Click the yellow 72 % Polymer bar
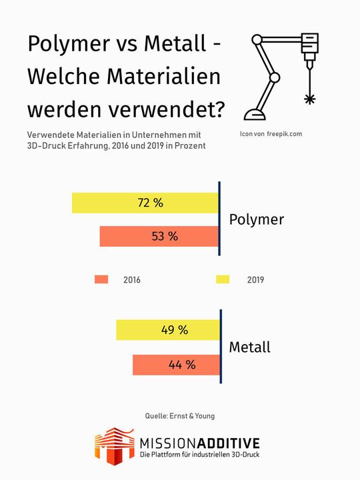tap(145, 203)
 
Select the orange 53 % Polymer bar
tap(159, 236)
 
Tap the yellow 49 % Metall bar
tap(167, 329)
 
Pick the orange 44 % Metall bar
tap(176, 364)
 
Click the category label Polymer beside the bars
tap(256, 219)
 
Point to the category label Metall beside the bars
tap(251, 347)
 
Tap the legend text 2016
tap(132, 280)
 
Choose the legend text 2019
tap(255, 280)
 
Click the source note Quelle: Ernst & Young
tap(180, 416)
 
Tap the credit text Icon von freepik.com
tap(271, 134)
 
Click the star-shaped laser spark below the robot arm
tap(309, 99)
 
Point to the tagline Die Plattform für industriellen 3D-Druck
tap(199, 455)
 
